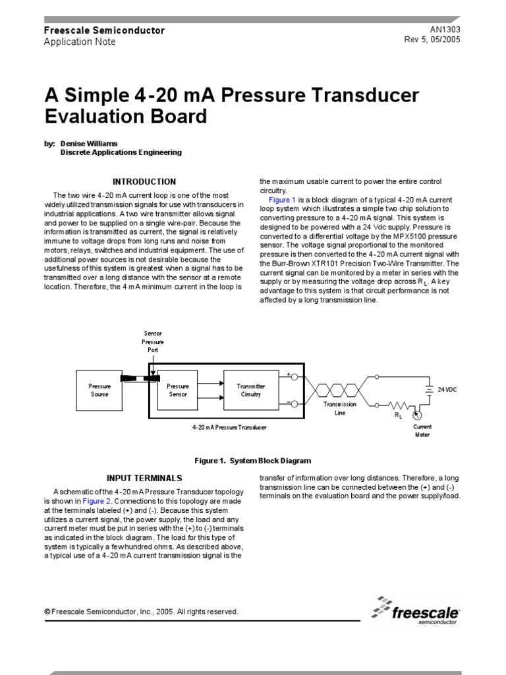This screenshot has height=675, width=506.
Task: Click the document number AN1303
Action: tap(445, 30)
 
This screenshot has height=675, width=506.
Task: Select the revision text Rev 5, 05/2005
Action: tap(432, 40)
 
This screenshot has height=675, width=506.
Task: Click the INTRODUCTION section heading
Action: tap(144, 182)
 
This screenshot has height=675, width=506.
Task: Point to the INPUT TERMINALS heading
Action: tap(144, 478)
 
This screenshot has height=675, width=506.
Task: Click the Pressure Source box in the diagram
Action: tap(99, 390)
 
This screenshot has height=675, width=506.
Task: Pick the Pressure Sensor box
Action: tap(177, 390)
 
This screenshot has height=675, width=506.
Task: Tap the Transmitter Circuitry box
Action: tap(251, 390)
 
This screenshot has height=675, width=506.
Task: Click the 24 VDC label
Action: tap(447, 390)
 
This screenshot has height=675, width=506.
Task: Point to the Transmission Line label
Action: tap(339, 409)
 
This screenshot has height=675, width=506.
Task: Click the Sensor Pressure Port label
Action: tap(153, 341)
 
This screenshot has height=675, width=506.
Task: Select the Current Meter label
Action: tap(422, 430)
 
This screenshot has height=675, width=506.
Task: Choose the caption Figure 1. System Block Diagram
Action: tap(252, 461)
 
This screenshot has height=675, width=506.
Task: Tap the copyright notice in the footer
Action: tap(141, 612)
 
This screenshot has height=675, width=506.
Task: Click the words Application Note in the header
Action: tap(79, 42)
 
